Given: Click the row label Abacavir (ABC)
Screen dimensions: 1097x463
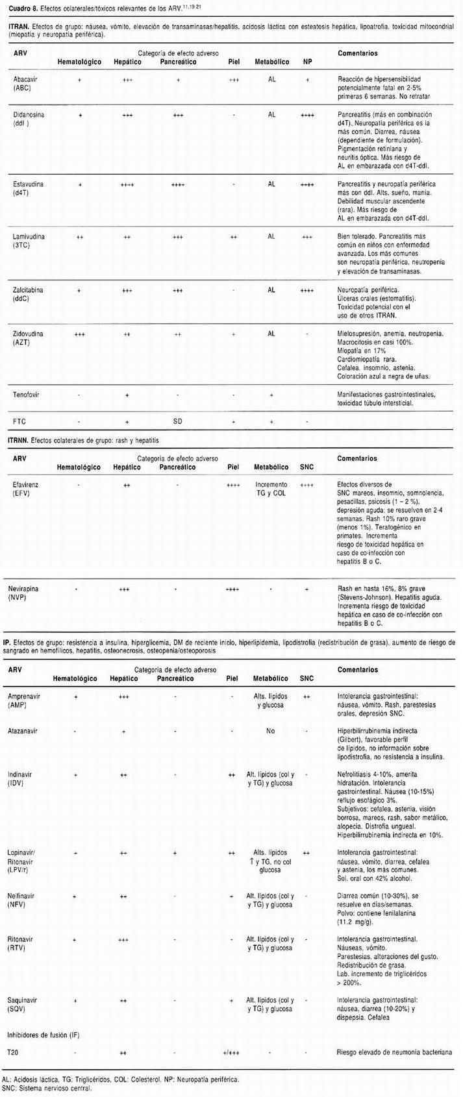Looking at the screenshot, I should pyautogui.click(x=25, y=83).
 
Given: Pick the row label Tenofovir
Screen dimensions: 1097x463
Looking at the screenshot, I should pyautogui.click(x=27, y=394).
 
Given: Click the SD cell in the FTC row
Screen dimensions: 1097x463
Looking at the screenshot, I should pyautogui.click(x=177, y=421).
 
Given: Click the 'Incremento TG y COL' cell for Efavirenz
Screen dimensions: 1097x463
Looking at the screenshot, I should pyautogui.click(x=271, y=489).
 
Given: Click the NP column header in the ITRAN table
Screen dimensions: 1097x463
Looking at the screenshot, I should pyautogui.click(x=307, y=62).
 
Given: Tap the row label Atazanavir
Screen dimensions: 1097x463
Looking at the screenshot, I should pyautogui.click(x=23, y=730).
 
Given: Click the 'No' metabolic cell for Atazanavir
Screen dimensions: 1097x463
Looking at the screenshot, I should pyautogui.click(x=271, y=730).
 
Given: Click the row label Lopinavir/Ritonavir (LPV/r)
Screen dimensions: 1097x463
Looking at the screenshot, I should pyautogui.click(x=25, y=861).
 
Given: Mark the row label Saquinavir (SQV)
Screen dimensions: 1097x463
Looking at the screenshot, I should pyautogui.click(x=23, y=1005).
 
